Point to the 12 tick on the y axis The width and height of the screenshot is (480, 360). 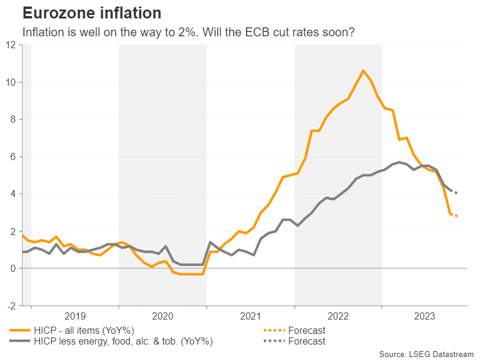click(x=11, y=45)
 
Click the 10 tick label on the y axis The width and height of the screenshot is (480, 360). click(x=11, y=82)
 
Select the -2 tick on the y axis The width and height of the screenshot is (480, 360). click(x=11, y=306)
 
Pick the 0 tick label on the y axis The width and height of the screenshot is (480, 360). click(x=14, y=269)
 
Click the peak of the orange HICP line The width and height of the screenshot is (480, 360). click(x=363, y=71)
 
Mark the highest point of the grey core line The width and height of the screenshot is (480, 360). click(x=398, y=162)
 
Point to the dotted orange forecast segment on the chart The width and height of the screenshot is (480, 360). click(x=454, y=215)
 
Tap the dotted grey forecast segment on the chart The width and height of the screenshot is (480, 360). click(x=453, y=191)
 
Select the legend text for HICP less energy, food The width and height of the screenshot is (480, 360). click(x=123, y=342)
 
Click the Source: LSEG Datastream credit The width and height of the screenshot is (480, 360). click(x=426, y=353)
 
